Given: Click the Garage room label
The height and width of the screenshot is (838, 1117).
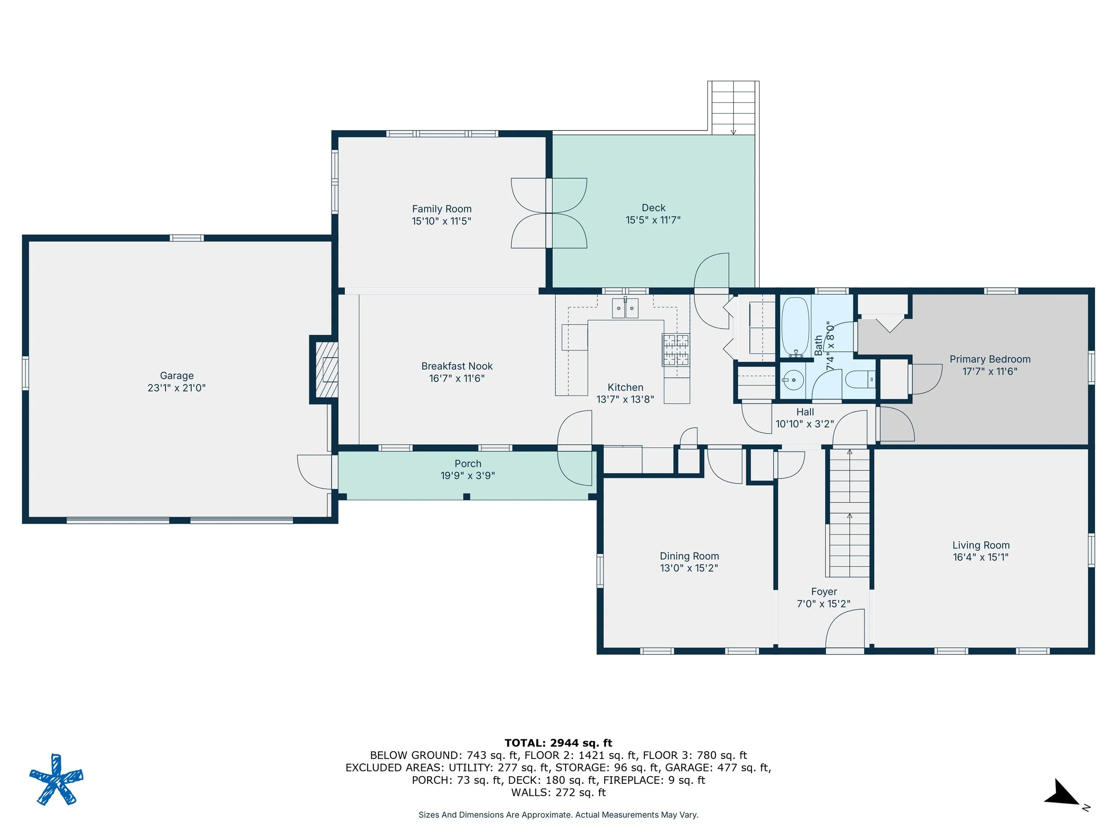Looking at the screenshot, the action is (x=177, y=376).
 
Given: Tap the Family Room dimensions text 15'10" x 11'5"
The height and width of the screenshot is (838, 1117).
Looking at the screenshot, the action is (x=441, y=221).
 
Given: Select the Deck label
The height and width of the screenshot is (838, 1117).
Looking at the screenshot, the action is (x=653, y=208).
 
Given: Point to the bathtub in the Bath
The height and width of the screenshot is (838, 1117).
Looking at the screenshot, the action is (x=796, y=327).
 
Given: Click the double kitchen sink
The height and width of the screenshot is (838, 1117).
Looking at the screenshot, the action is (x=625, y=307).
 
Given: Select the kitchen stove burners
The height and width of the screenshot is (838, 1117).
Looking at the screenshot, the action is (x=676, y=350).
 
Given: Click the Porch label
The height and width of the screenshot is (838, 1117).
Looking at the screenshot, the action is (x=468, y=464).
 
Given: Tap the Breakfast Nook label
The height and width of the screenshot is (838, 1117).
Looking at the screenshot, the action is (x=457, y=366).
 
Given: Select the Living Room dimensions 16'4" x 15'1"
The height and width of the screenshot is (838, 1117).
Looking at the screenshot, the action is (x=981, y=557).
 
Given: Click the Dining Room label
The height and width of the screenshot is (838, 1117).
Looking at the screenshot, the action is (x=689, y=556).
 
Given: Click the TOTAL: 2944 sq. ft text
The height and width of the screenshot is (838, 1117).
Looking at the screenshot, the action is (x=558, y=743).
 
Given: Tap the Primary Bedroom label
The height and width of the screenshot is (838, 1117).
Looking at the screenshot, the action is (x=990, y=359).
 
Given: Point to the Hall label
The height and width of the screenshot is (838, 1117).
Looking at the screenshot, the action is (x=805, y=412).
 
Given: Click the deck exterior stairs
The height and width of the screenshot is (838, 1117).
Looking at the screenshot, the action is (x=733, y=108).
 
